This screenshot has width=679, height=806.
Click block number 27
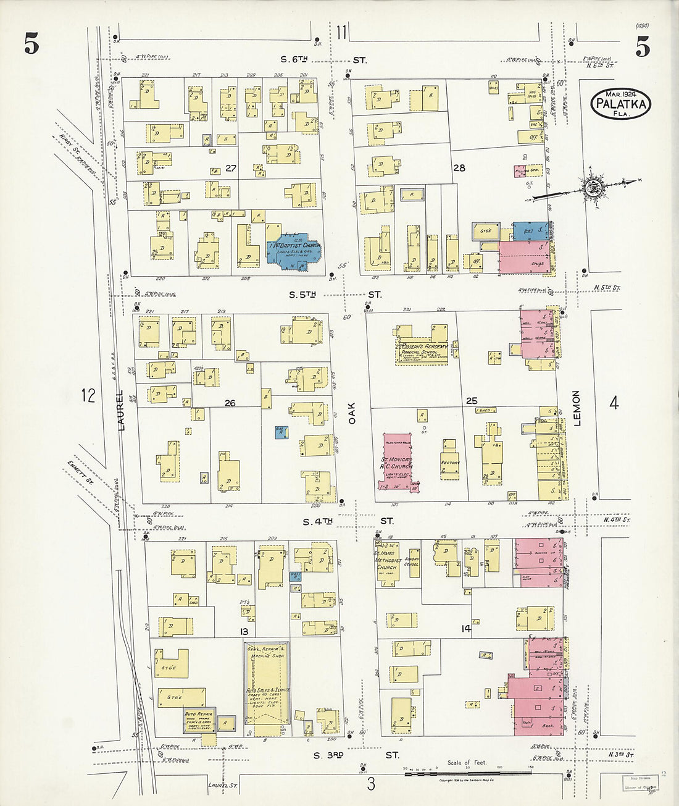(x=231, y=168)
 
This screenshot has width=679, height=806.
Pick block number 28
(x=459, y=167)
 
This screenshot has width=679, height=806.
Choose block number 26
(x=230, y=403)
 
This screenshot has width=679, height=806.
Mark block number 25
(x=472, y=401)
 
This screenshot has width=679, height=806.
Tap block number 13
(x=244, y=631)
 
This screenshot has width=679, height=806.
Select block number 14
(x=465, y=628)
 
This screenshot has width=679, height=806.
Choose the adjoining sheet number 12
(x=88, y=395)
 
